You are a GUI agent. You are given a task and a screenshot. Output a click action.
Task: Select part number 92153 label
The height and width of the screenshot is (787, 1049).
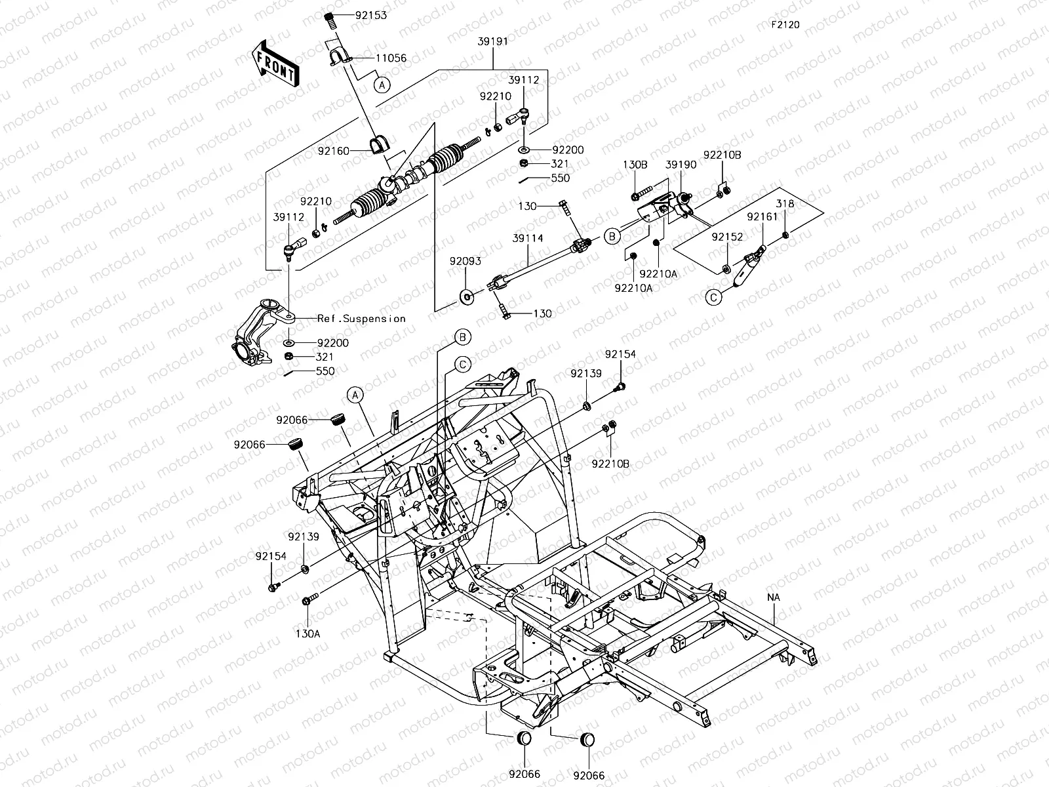(x=371, y=15)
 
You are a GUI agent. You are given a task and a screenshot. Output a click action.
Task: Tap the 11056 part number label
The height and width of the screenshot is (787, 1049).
(x=391, y=58)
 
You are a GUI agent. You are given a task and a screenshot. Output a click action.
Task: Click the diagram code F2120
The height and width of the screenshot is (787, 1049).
(x=785, y=25)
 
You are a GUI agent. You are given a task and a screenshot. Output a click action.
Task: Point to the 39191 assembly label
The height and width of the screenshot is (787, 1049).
(x=493, y=41)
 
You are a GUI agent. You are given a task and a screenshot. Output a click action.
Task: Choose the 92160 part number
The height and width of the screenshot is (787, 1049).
(x=334, y=151)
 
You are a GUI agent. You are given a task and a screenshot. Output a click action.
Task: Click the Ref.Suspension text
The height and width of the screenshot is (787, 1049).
(x=361, y=319)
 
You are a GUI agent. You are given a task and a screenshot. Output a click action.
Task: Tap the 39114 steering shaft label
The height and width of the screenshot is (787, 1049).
(x=528, y=238)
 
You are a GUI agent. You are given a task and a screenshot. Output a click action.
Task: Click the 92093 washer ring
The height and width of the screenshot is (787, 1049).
(x=467, y=296)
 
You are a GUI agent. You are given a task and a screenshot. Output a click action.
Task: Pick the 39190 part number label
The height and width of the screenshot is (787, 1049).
(x=681, y=165)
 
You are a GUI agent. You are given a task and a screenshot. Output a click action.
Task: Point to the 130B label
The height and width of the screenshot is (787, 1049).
(x=635, y=165)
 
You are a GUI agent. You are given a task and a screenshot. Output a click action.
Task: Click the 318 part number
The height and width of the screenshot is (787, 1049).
(x=785, y=204)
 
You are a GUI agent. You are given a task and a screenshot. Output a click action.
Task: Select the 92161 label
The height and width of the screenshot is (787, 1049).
(x=762, y=217)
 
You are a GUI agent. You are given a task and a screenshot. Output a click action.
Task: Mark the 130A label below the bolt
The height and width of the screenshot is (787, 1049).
(x=307, y=634)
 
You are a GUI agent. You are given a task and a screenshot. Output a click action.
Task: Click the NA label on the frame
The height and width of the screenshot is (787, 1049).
(x=774, y=597)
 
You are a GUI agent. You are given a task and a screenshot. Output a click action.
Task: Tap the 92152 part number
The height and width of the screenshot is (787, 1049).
(x=727, y=237)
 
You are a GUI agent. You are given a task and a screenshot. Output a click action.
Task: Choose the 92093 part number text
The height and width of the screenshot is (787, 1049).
(x=465, y=262)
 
